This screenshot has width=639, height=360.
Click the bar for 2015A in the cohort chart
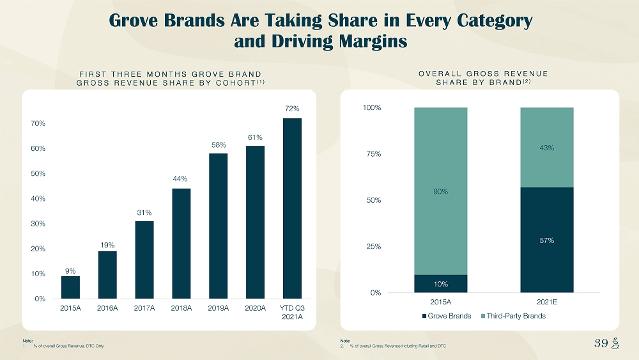click(x=70, y=287)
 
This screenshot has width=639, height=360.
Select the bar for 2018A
click(x=181, y=243)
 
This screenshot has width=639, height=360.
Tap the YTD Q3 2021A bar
click(x=292, y=208)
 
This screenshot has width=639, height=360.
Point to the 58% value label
click(x=219, y=145)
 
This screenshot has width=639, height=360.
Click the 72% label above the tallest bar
click(x=292, y=109)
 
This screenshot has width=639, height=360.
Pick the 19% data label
click(x=107, y=244)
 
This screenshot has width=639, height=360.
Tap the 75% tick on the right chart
click(x=372, y=154)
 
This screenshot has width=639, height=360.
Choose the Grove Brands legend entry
click(x=446, y=316)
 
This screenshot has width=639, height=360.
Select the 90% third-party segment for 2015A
click(x=441, y=191)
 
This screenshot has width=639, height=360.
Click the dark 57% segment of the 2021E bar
click(x=547, y=240)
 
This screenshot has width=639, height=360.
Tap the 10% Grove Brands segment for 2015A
click(x=441, y=283)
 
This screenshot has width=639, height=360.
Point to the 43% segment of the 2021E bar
click(x=547, y=148)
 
